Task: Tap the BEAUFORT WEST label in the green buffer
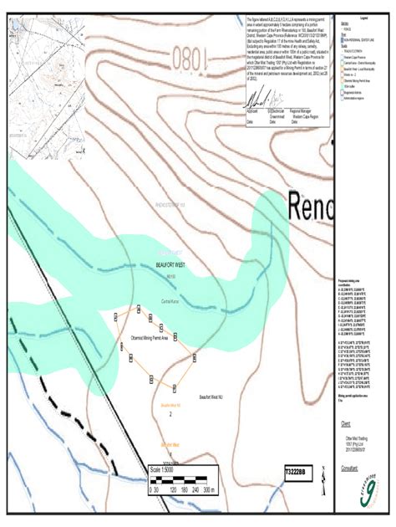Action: coord(175,264)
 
